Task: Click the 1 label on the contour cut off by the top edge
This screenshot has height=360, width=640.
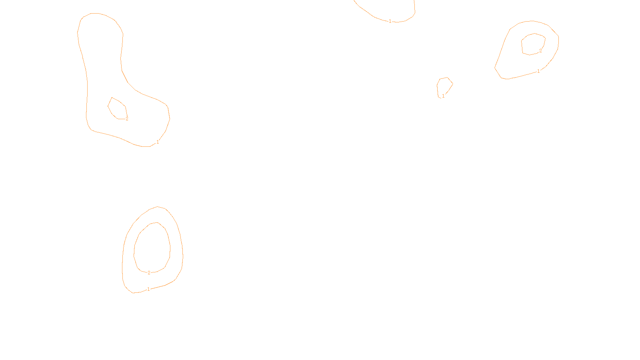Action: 390,21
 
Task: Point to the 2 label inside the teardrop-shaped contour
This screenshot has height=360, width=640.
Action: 540,51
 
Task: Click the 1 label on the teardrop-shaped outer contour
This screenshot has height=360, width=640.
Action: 538,71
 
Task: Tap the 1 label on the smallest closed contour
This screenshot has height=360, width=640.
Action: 443,96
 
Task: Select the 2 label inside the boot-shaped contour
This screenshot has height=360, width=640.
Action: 127,119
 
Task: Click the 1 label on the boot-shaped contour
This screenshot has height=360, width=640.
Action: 158,142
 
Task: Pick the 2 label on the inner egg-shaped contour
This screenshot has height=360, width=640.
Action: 149,273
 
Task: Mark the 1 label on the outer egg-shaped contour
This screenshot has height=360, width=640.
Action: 148,289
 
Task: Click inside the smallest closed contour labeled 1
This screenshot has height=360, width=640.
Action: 444,86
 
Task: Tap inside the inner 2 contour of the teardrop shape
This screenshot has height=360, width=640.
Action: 533,44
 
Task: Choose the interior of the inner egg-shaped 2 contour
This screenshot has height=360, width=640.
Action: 152,248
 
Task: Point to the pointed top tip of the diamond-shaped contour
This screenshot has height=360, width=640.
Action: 112,98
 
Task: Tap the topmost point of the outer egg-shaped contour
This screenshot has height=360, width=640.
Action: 158,206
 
